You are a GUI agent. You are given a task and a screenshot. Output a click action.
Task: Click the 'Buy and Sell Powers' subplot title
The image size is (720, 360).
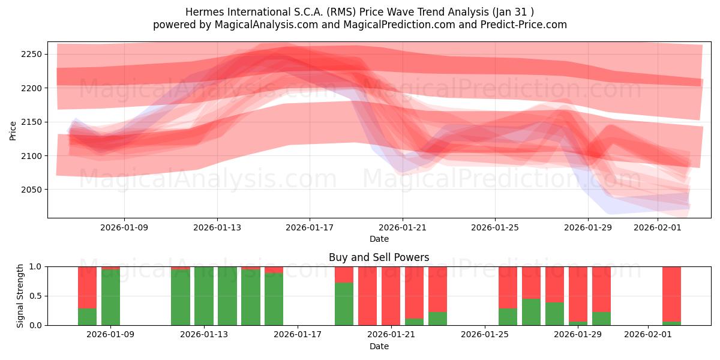pos(379,257)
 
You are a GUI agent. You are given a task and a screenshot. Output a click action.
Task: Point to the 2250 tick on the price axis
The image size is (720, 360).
pos(30,55)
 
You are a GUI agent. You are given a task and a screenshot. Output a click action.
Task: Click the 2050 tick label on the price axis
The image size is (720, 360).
pos(30,190)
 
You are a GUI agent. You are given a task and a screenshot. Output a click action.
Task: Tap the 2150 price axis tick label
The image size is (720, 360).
pos(30,122)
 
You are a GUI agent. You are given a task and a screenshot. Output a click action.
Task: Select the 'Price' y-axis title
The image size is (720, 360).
pos(13,130)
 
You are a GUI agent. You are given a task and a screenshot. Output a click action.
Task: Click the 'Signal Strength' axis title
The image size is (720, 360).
pos(20,295)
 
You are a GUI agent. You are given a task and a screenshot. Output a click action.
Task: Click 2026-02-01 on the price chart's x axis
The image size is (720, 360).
pos(658,227)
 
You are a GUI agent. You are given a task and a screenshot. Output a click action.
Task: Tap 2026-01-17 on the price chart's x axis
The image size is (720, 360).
pos(310,227)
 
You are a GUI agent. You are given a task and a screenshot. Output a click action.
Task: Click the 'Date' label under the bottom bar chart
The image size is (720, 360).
pos(379,346)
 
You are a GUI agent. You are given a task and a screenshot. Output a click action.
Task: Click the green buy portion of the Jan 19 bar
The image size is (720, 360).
pos(344,304)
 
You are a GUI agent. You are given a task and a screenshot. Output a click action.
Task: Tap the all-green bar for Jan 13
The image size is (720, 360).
pos(204,296)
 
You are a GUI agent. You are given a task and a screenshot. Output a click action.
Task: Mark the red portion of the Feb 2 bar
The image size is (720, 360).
pos(671,293)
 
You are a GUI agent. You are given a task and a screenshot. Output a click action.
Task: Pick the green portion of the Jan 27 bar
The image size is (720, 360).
pos(531,312)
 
